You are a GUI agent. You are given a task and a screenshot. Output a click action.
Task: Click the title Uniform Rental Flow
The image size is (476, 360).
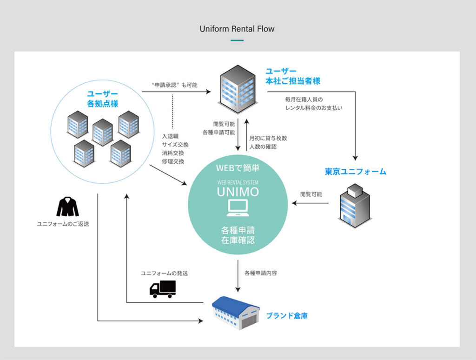point(237,29)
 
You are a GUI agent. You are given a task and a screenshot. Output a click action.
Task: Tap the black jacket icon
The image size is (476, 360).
point(67,207)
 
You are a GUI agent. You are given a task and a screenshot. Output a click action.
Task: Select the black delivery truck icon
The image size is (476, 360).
point(162,289)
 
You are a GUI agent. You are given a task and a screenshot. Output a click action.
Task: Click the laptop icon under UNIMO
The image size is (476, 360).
point(238,207)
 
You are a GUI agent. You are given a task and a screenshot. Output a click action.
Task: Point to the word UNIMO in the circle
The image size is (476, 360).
point(238,191)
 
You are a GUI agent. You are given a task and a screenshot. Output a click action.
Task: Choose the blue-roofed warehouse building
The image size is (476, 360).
point(235,313)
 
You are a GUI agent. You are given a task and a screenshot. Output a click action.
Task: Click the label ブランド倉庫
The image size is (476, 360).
point(286,316)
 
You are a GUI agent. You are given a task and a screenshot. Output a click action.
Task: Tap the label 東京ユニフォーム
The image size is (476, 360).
point(355,172)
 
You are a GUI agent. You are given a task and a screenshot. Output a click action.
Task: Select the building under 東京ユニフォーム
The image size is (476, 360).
point(353,205)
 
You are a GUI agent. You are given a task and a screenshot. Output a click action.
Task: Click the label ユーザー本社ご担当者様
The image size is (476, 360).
point(292,76)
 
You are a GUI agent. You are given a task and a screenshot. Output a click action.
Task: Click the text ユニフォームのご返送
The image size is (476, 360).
point(63,224)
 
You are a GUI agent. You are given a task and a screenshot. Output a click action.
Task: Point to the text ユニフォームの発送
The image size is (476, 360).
point(165,273)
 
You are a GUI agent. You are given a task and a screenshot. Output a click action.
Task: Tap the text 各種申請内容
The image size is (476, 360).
point(261,273)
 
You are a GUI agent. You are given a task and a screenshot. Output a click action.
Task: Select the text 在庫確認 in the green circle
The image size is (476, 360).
point(238,240)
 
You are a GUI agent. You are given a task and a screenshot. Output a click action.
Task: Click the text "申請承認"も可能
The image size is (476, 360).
point(174,85)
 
